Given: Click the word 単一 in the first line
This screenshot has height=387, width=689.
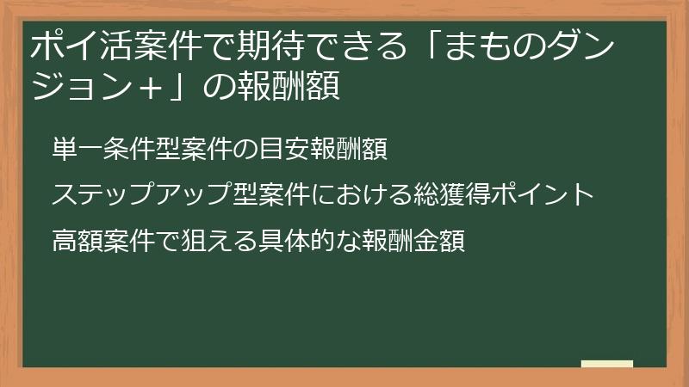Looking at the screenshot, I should [x=78, y=150].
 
